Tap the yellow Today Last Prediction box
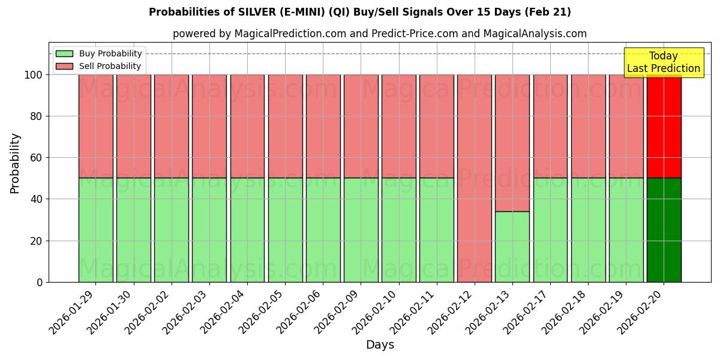click(663, 62)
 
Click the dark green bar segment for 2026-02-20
click(664, 230)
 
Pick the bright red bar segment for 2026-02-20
click(664, 126)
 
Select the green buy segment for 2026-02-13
click(512, 247)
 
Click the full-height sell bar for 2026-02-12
click(474, 178)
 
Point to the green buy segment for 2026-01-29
click(96, 230)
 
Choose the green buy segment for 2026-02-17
click(550, 230)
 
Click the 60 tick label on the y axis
click(37, 158)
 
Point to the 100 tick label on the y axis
click(34, 75)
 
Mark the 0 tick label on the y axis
click(40, 282)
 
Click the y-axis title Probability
click(15, 163)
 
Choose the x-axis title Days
click(380, 345)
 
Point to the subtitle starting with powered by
click(379, 34)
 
